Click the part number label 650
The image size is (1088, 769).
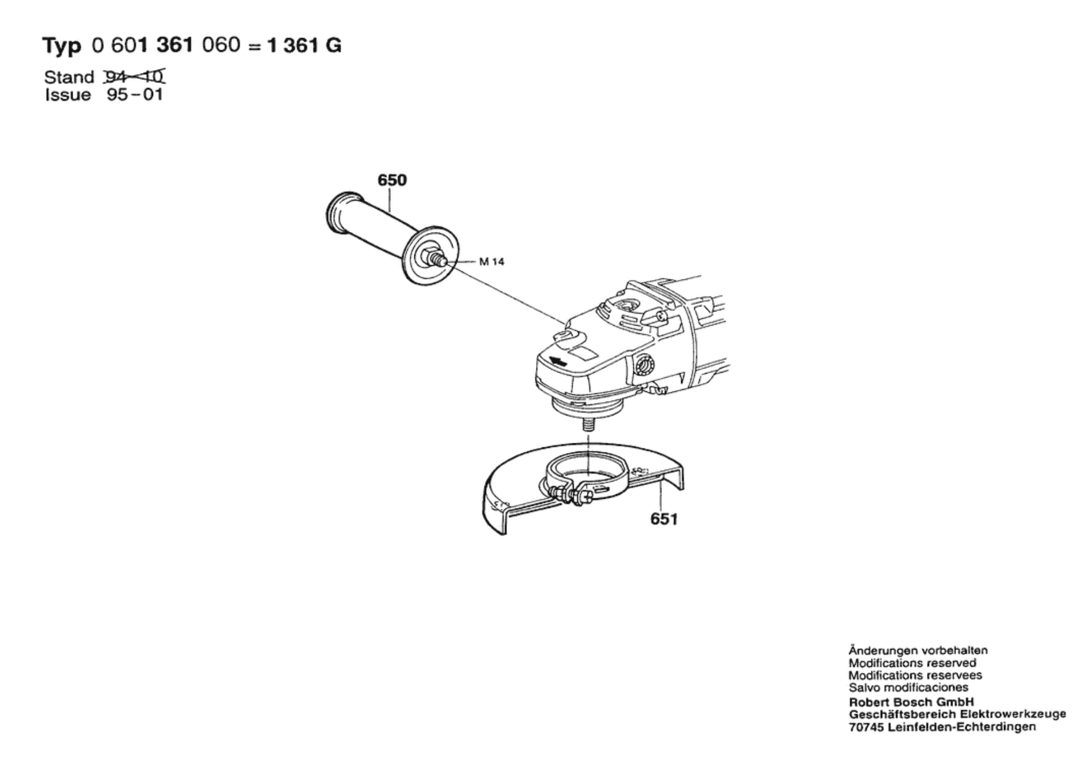pyautogui.click(x=392, y=181)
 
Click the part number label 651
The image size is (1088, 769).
pyautogui.click(x=664, y=519)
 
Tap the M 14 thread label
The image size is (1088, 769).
pyautogui.click(x=491, y=262)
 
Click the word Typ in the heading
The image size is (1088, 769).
pyautogui.click(x=62, y=46)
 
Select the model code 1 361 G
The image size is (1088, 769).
pyautogui.click(x=304, y=45)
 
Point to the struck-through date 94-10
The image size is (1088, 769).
pyautogui.click(x=135, y=77)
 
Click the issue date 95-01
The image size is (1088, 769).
pyautogui.click(x=135, y=95)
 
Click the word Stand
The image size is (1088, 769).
pyautogui.click(x=69, y=77)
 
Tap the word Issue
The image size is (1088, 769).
pyautogui.click(x=68, y=95)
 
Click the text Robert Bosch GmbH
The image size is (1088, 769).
pyautogui.click(x=911, y=702)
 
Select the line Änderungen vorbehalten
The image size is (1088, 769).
pyautogui.click(x=918, y=650)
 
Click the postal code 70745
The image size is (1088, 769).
pyautogui.click(x=866, y=727)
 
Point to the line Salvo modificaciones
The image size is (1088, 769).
pyautogui.click(x=908, y=688)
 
